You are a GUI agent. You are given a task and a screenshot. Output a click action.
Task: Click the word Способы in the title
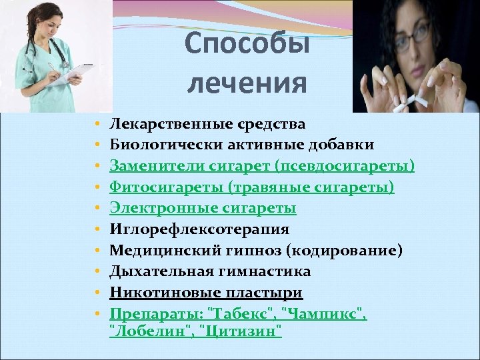coord(247,44)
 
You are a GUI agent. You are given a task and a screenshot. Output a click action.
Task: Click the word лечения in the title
coord(247,84)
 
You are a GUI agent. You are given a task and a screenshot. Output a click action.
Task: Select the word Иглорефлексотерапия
coord(199,230)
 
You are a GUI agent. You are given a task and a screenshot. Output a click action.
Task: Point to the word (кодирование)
coord(347,251)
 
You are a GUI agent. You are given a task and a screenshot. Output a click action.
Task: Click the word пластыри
coord(263,293)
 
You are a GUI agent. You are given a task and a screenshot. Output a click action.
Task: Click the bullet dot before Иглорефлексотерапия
coord(97,231)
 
